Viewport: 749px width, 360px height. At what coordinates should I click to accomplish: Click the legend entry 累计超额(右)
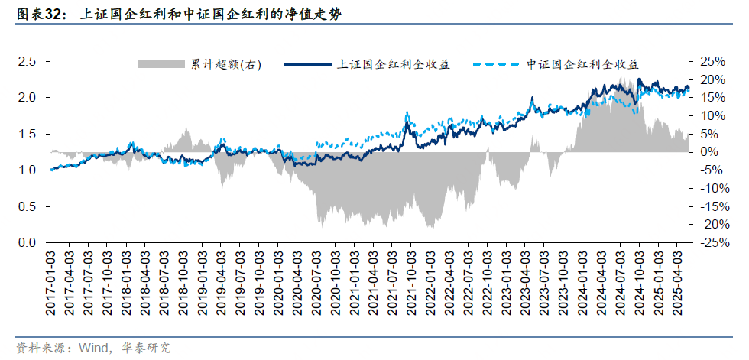tap(226, 65)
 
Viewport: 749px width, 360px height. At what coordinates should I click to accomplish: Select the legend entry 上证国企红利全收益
tap(393, 65)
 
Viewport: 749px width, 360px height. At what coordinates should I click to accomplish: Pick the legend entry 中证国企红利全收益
tap(582, 65)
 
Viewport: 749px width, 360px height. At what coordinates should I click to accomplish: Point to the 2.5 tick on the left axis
tap(27, 62)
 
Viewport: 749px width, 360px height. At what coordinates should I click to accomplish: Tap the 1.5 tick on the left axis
tap(27, 135)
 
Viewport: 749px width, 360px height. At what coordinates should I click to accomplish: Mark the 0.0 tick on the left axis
tap(27, 243)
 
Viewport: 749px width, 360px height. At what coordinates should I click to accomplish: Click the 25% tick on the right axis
tap(712, 62)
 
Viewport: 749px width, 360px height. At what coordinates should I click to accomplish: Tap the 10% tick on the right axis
tap(712, 116)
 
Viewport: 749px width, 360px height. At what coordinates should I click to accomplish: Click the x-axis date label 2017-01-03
tap(50, 283)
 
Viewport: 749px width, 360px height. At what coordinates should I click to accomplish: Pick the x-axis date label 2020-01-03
tap(278, 283)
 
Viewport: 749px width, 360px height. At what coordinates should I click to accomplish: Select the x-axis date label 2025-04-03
tap(677, 283)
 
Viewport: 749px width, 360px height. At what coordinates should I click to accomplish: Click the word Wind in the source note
tap(92, 348)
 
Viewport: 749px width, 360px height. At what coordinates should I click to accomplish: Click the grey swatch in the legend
tap(163, 65)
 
